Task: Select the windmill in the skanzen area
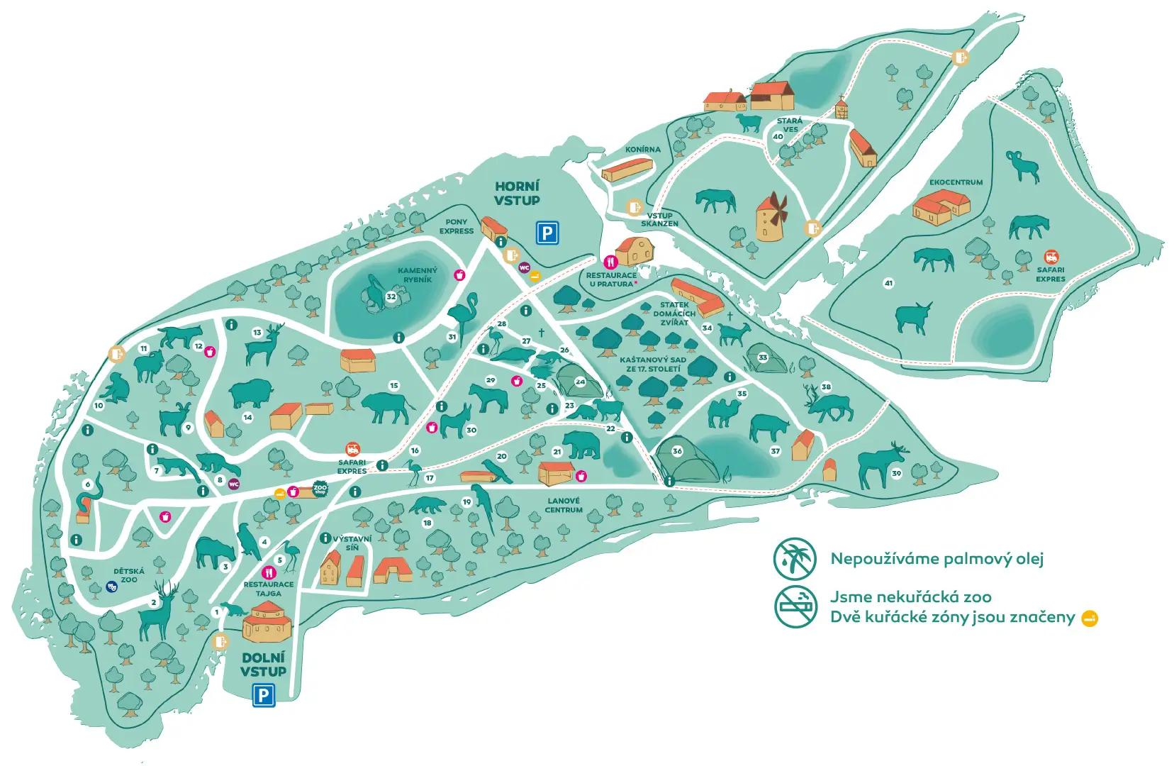769,216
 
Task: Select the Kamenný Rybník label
418,274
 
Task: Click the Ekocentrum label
956,182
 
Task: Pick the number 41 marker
889,284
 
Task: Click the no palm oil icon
792,557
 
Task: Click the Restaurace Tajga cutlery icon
269,572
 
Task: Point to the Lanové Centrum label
564,505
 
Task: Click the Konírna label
643,150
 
